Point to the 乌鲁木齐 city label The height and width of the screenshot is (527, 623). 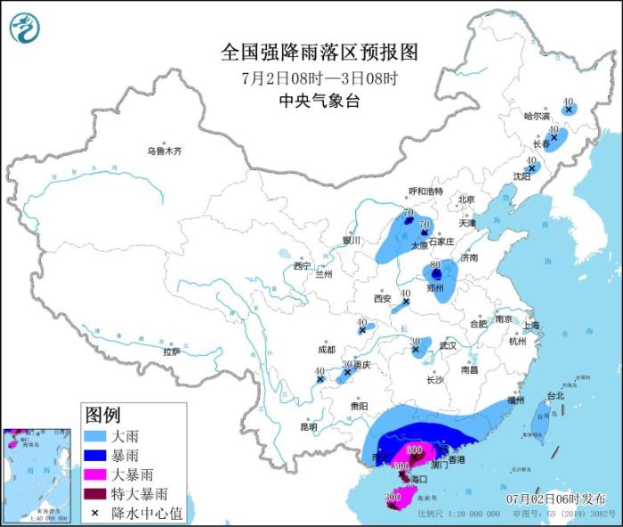tap(164, 151)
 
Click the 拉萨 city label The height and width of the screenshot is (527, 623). tap(172, 352)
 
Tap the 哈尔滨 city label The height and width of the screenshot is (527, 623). tap(537, 116)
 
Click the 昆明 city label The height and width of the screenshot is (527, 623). tap(308, 426)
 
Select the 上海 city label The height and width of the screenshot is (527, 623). tap(532, 326)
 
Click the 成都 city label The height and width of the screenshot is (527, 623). tap(325, 350)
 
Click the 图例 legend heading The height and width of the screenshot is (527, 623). tap(103, 415)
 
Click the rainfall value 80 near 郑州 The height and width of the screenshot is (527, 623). tap(436, 265)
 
